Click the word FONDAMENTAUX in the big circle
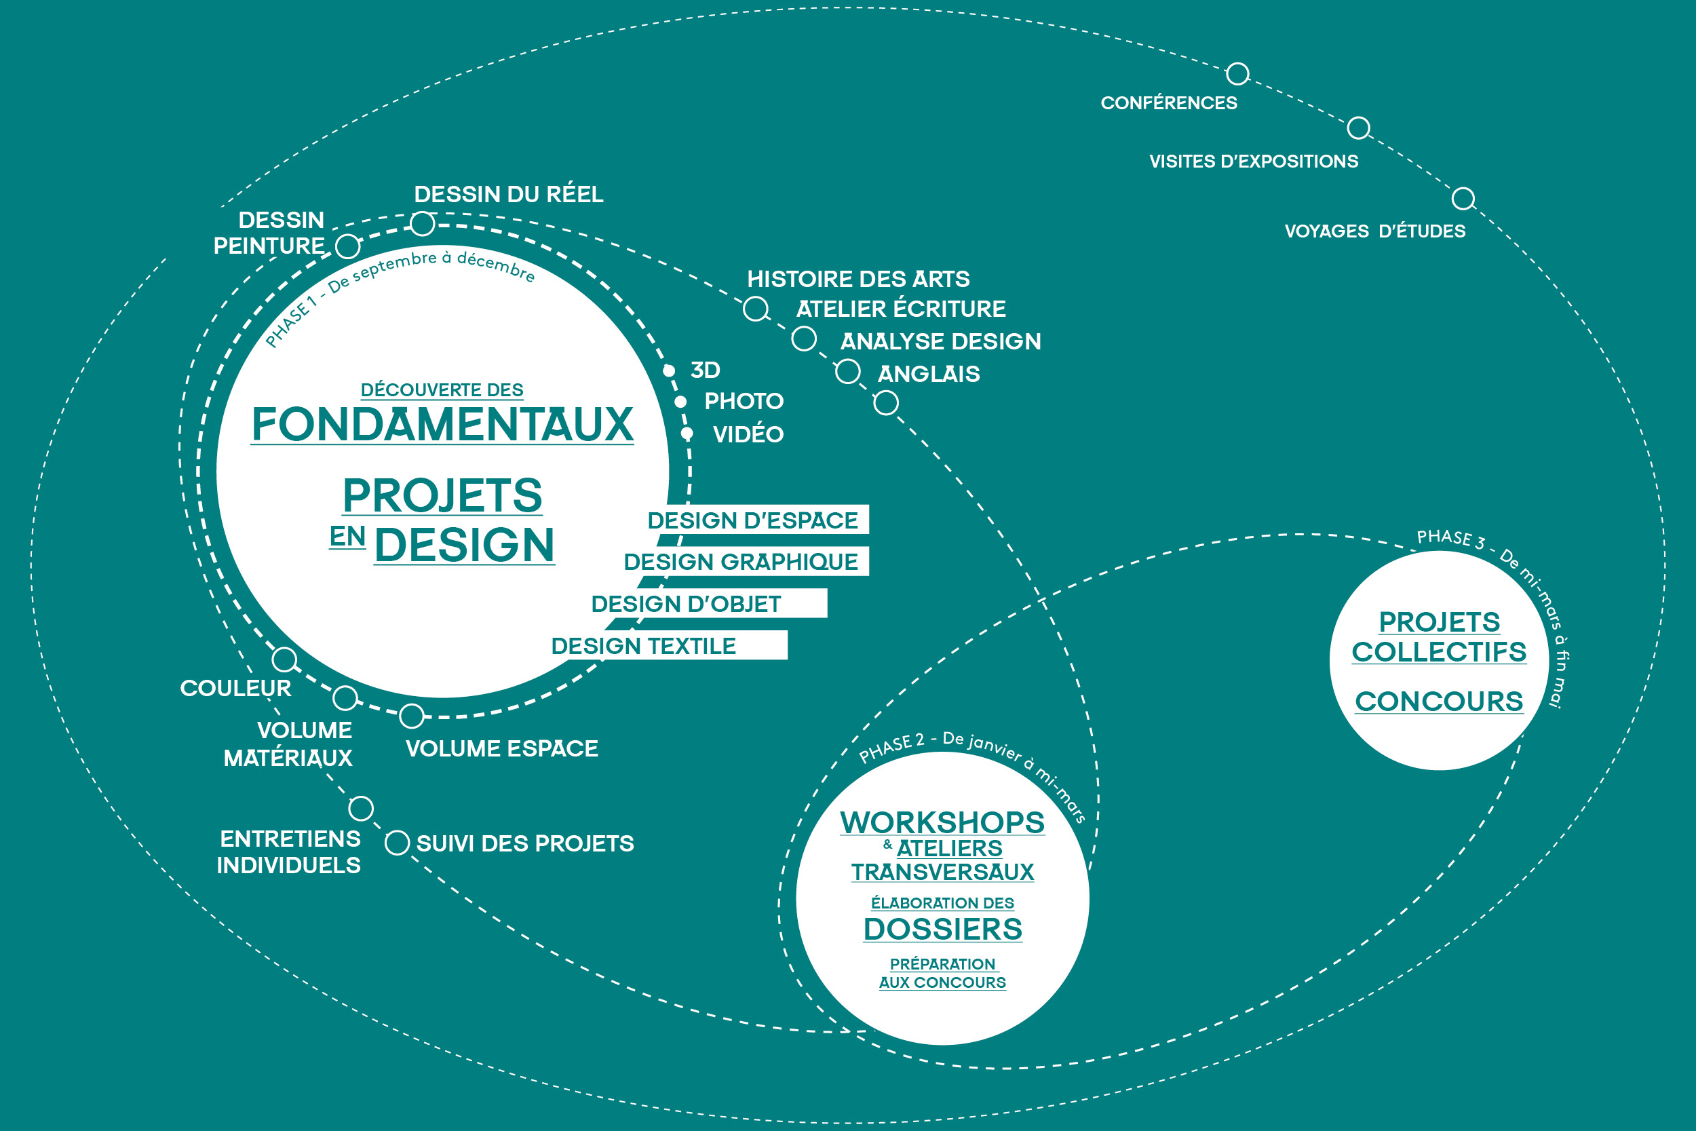click(x=442, y=424)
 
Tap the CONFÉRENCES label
click(x=1169, y=102)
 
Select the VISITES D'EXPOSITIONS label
click(x=1254, y=161)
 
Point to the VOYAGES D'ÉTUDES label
click(x=1375, y=231)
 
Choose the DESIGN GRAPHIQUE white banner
click(x=746, y=561)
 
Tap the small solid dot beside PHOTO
click(x=680, y=402)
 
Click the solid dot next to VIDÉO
click(x=687, y=434)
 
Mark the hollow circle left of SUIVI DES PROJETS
click(x=398, y=843)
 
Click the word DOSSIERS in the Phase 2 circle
click(x=942, y=929)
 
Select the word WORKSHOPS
click(x=942, y=822)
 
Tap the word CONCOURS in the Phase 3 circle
click(x=1440, y=701)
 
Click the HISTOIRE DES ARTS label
click(x=858, y=278)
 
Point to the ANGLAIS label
click(x=929, y=374)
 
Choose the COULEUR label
click(x=236, y=688)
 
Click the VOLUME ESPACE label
click(x=502, y=749)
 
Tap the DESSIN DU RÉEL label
click(x=508, y=194)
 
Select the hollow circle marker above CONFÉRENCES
click(x=1237, y=73)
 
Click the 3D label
click(x=706, y=370)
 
